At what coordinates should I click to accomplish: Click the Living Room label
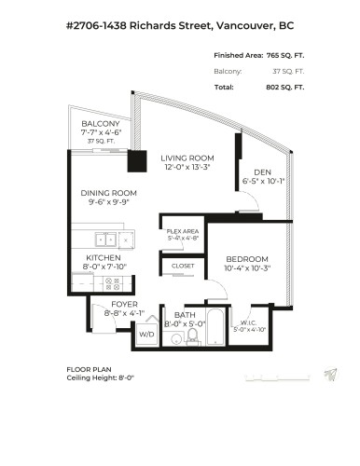(x=187, y=158)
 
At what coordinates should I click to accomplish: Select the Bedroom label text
(x=246, y=258)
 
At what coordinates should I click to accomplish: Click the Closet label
(x=183, y=267)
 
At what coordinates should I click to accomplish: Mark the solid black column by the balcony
(x=138, y=159)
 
